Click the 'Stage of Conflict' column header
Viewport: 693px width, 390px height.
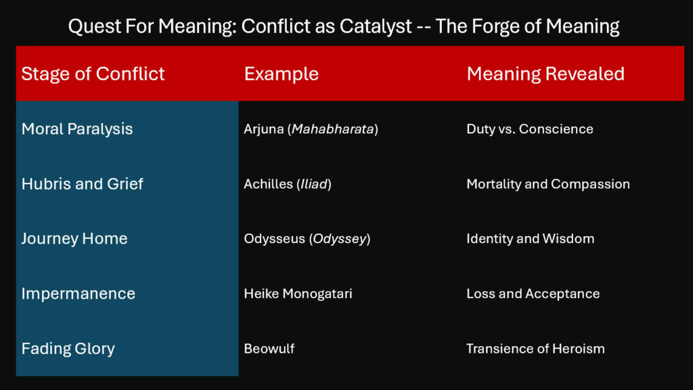coord(93,74)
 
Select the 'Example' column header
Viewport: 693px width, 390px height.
coord(281,74)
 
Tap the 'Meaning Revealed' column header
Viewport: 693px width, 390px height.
coord(545,74)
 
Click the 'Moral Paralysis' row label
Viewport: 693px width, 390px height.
coord(77,129)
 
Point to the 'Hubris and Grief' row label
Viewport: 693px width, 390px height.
coord(82,183)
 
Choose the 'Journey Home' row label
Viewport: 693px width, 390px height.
coord(74,238)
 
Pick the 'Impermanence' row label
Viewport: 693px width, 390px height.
coord(79,293)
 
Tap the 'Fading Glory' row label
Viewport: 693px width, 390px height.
coord(68,349)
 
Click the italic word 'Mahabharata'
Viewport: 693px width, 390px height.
coord(332,129)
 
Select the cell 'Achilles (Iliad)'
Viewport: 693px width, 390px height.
coord(288,183)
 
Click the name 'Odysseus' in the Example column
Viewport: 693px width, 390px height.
coord(274,238)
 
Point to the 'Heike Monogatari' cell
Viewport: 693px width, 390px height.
coord(298,293)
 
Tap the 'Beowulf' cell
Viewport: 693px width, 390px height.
coord(269,349)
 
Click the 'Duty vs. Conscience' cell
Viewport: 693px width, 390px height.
coord(530,129)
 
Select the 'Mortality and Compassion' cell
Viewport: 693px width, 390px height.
coord(548,183)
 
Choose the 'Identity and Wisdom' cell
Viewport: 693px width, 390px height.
coord(531,238)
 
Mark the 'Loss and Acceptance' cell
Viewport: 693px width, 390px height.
coord(533,293)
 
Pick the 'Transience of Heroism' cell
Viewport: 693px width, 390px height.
coord(535,349)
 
